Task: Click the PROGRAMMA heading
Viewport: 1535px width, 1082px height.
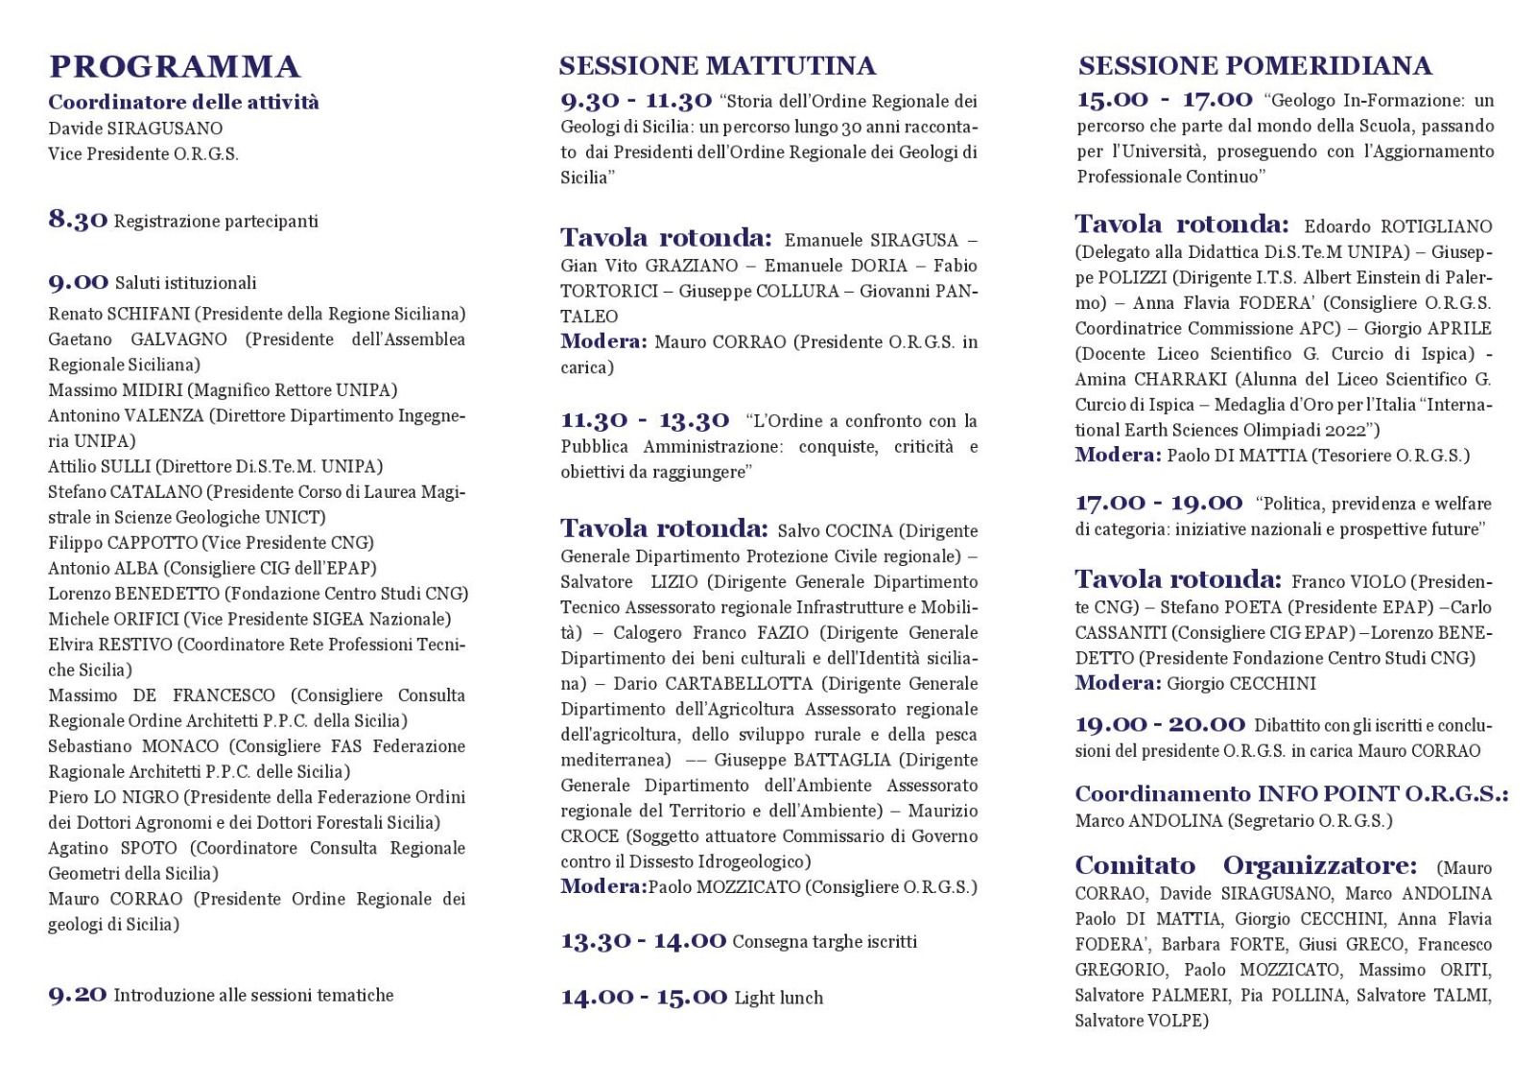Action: click(x=175, y=67)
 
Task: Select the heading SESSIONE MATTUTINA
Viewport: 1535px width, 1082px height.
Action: click(x=717, y=65)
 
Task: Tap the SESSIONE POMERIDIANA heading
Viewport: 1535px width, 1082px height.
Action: click(x=1255, y=65)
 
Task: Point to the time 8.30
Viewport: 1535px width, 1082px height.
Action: click(x=78, y=220)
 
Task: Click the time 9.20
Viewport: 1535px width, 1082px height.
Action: click(x=78, y=995)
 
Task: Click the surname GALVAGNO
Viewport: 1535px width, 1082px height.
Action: click(x=178, y=340)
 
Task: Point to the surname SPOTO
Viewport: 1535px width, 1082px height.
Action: click(x=149, y=848)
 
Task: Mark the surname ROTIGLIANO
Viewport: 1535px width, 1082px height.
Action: click(x=1436, y=226)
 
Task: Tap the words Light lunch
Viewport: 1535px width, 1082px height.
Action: click(x=778, y=998)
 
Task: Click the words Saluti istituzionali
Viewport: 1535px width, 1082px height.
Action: click(x=185, y=283)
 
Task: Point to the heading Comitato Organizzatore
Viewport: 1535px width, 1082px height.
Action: click(x=1245, y=865)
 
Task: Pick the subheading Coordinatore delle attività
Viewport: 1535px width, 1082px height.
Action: click(x=184, y=102)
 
